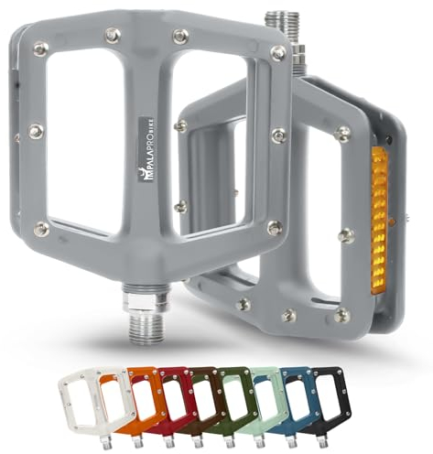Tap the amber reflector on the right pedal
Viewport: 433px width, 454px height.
379,220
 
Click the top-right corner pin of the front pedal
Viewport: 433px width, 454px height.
276,53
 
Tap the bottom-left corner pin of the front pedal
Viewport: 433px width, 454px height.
40,230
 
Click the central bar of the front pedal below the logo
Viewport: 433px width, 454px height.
147,238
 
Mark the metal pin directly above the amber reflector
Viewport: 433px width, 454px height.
343,135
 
